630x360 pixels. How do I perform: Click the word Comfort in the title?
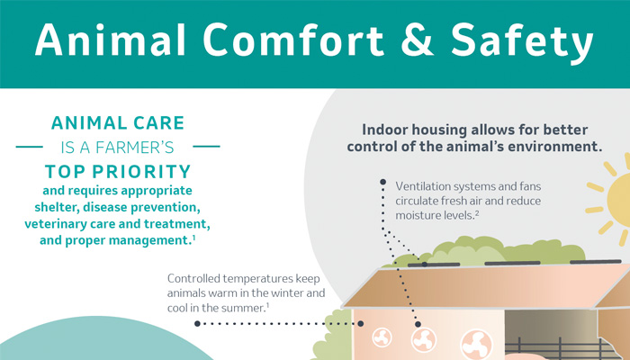(x=292, y=40)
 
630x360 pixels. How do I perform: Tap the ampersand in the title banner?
(x=418, y=40)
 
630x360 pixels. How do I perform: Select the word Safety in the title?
(x=522, y=43)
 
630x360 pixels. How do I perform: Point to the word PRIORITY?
(x=142, y=172)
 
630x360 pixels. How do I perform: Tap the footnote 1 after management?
(x=193, y=238)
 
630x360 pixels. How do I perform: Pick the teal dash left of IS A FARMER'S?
(x=30, y=147)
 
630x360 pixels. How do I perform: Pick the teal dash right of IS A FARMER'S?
(x=206, y=147)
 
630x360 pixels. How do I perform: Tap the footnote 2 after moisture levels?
(x=477, y=213)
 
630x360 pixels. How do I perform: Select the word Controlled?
(x=193, y=278)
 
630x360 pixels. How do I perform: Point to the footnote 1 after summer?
(x=267, y=306)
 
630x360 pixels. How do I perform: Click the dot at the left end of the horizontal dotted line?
(x=197, y=323)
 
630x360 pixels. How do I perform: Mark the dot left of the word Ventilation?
(x=382, y=182)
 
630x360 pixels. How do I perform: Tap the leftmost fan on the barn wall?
(x=382, y=337)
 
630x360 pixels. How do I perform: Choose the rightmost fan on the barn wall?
(x=476, y=345)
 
